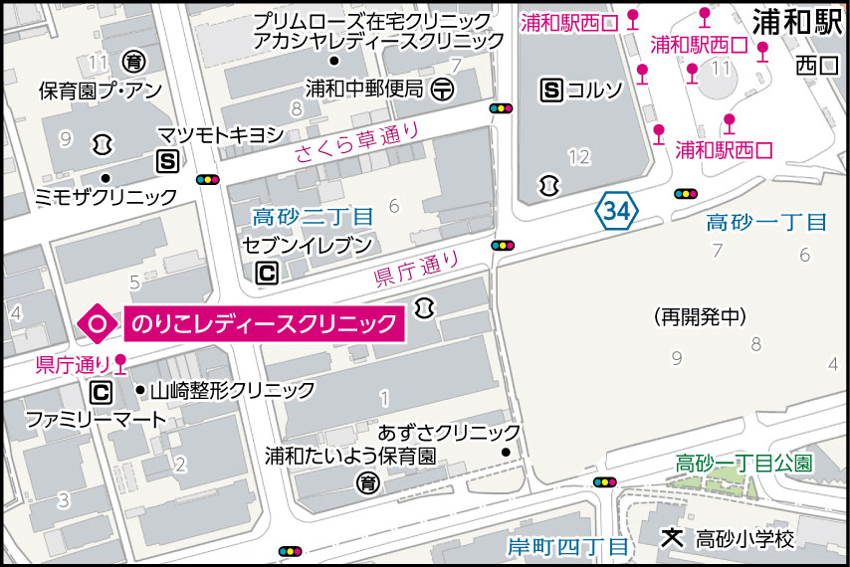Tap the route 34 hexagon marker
tap(615, 210)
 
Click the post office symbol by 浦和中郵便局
tap(443, 90)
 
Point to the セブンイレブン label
tap(309, 245)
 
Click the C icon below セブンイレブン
tap(266, 272)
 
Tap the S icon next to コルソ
tap(551, 91)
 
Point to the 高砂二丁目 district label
tap(313, 216)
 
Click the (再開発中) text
tap(701, 317)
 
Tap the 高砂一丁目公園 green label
tap(744, 463)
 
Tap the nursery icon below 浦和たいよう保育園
tap(367, 483)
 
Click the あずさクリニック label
tap(450, 433)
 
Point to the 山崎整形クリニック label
tap(232, 390)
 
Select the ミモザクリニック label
tap(105, 197)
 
